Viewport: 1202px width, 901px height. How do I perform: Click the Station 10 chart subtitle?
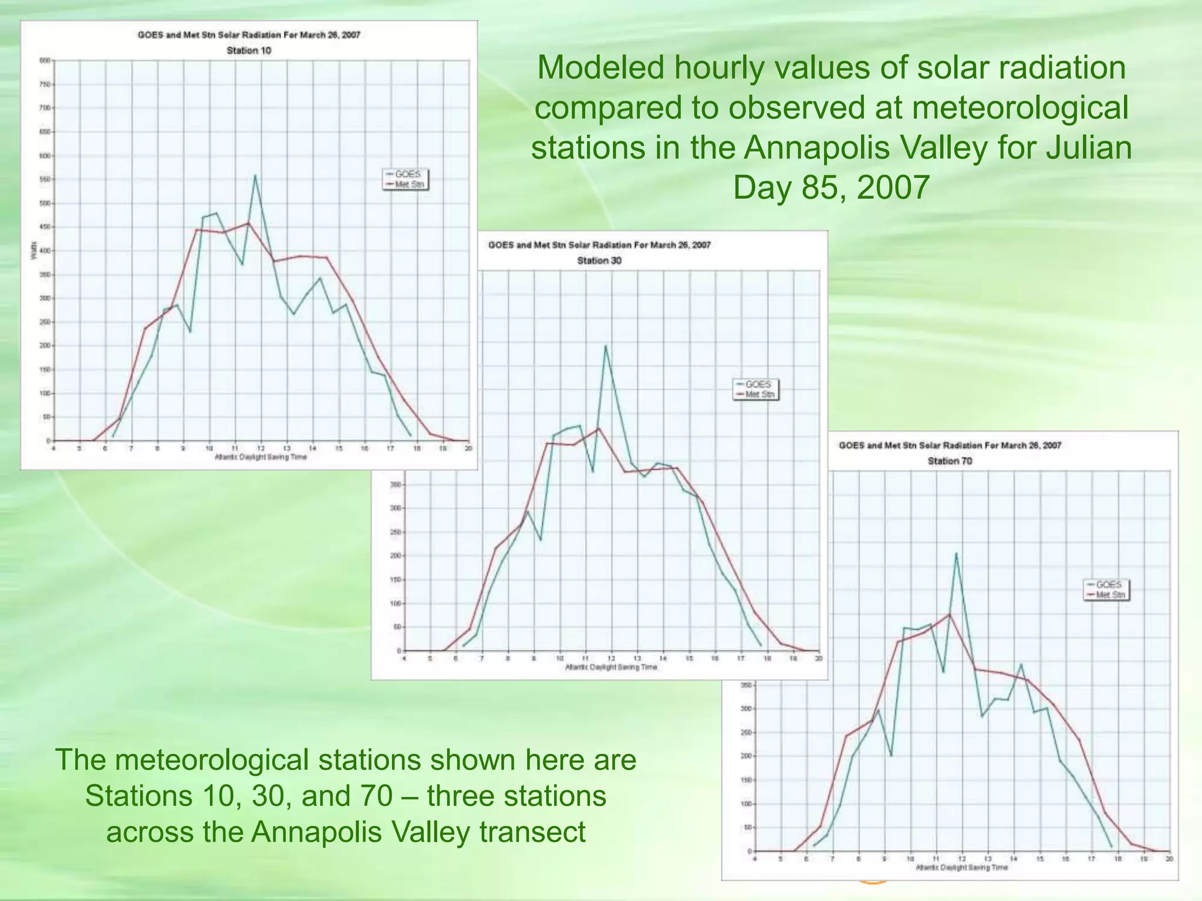[249, 50]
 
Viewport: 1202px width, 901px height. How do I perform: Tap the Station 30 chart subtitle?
[599, 260]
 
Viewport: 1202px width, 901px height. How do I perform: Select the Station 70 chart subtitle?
[950, 461]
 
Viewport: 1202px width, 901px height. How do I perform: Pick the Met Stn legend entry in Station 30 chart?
[759, 394]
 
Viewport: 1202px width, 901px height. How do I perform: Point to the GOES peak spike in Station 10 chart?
[255, 175]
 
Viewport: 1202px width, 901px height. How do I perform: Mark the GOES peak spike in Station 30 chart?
[605, 346]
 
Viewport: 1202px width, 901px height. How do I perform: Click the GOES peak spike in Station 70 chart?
[956, 553]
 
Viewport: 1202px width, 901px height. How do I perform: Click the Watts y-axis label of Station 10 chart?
[33, 250]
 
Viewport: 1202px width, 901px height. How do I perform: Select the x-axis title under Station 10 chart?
[261, 458]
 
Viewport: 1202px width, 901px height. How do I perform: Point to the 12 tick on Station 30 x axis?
[611, 659]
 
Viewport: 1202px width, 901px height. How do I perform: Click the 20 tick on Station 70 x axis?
[1169, 859]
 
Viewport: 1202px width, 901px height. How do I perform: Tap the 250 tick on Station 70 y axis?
[747, 733]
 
